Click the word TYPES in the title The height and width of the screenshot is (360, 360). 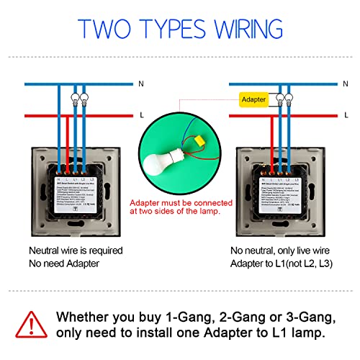(176, 28)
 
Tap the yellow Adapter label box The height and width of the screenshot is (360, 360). (253, 100)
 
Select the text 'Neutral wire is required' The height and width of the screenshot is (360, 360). (76, 251)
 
